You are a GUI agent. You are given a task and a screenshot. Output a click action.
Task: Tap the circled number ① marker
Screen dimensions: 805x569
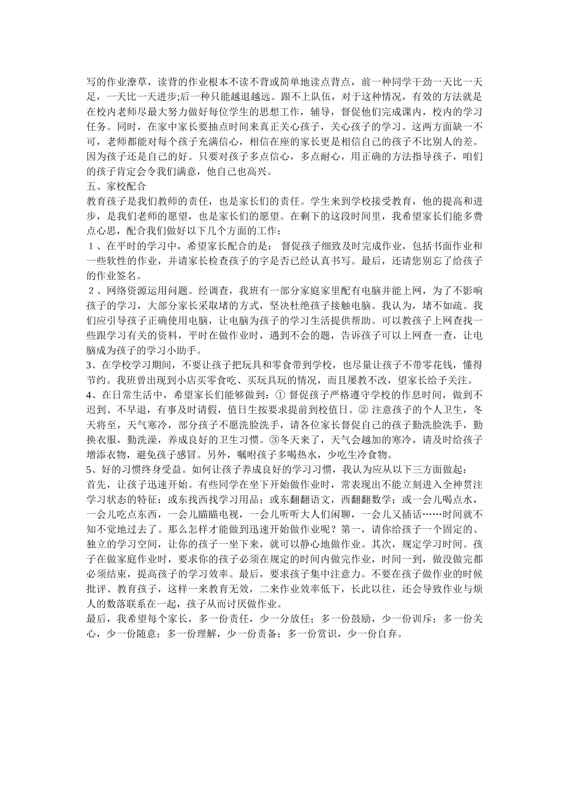pyautogui.click(x=280, y=395)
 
